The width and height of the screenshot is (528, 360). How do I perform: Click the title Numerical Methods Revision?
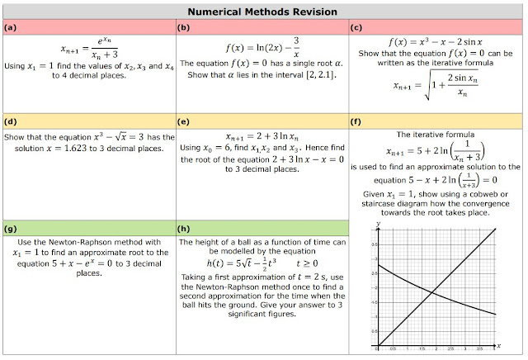coord(263,12)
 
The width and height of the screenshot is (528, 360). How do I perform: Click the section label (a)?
coord(11,27)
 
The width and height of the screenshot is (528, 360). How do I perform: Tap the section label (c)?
coord(356,27)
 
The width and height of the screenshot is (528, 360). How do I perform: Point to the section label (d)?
coord(11,121)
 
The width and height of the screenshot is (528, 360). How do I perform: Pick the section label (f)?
coord(356,121)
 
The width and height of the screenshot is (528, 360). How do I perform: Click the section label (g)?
coord(11,225)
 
